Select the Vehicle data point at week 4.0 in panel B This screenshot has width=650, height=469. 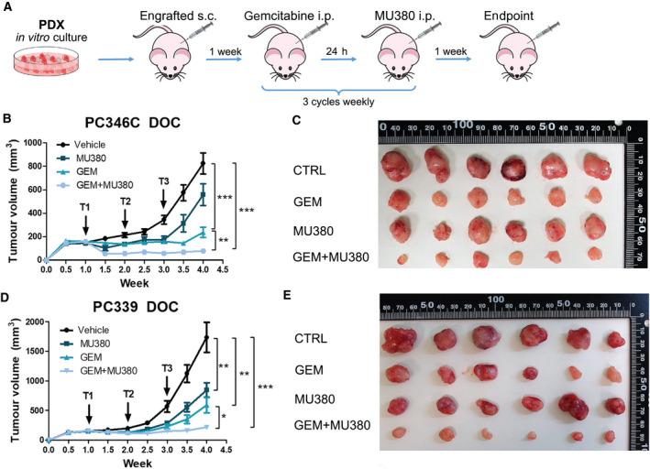pos(202,164)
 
